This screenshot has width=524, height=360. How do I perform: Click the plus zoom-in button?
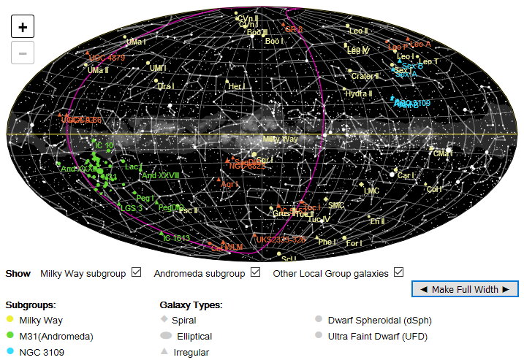[23, 27]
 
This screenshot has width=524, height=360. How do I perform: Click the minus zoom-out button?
[23, 53]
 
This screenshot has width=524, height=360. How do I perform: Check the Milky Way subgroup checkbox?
[136, 273]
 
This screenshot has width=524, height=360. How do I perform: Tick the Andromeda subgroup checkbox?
[255, 273]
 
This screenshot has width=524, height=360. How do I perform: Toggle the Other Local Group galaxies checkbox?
[398, 273]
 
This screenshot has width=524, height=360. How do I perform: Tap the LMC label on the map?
[372, 191]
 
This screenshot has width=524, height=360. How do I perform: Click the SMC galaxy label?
[336, 206]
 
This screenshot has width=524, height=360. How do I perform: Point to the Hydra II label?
[360, 93]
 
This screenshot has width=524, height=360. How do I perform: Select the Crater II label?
[363, 76]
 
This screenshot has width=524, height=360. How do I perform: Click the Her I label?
[235, 86]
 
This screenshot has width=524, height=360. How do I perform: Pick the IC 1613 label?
[176, 238]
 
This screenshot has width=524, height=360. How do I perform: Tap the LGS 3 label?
[131, 208]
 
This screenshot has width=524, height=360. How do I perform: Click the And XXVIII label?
[160, 175]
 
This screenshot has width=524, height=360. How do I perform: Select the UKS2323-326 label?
[281, 239]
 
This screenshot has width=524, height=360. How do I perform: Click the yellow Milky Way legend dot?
[10, 320]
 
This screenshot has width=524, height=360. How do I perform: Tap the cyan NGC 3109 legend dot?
[10, 352]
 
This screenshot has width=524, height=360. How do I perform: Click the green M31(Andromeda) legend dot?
[10, 336]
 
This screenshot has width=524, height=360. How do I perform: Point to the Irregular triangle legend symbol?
[166, 352]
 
